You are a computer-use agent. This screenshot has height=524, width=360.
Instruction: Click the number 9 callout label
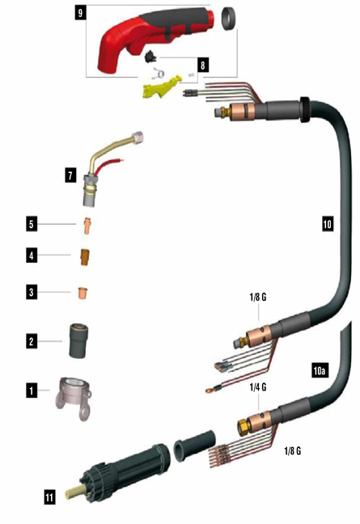coord(80,13)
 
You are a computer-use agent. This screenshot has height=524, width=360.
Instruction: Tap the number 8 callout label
coord(203,65)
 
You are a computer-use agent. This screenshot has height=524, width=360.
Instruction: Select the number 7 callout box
coord(70,175)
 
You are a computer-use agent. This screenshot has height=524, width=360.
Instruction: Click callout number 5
coord(32,224)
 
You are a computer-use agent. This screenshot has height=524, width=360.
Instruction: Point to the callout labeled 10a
coord(320,370)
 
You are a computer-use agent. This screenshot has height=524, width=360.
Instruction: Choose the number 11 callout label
coord(49,497)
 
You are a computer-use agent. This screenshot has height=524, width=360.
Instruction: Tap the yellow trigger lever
coord(162,87)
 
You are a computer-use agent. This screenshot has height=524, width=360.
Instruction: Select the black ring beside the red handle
coord(228,19)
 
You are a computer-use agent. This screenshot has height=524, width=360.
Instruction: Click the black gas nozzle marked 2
coord(79,340)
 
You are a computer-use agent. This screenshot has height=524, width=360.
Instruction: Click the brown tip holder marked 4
coord(85,256)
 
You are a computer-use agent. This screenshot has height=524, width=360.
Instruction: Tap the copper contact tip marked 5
coord(87,226)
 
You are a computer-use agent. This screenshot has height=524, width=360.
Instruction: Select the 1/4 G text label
coord(258,387)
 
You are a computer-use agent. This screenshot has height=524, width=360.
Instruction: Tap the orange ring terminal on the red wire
coord(209,390)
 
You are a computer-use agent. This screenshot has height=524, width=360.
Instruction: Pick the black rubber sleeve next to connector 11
coord(195,447)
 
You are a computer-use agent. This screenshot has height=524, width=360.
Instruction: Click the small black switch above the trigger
coord(150,57)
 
